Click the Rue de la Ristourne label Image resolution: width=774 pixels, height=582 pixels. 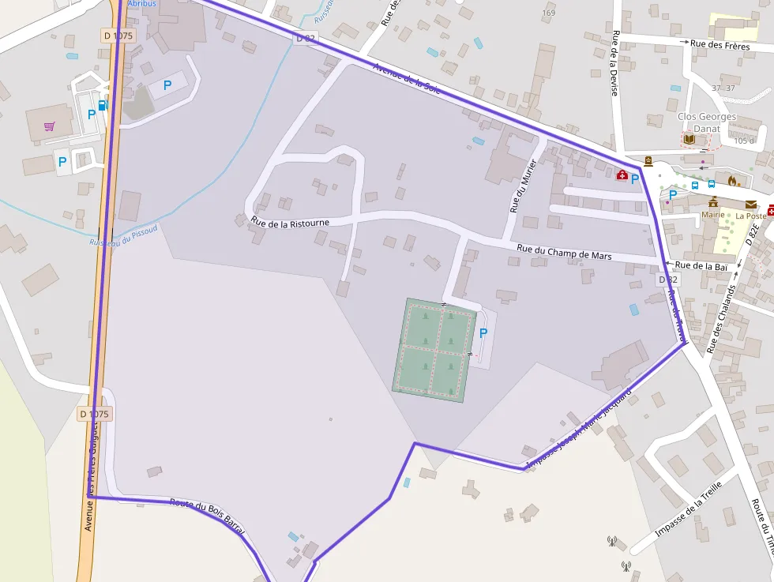point(290,223)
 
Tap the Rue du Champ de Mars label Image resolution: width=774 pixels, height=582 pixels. point(565,252)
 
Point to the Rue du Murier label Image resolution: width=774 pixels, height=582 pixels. point(523,186)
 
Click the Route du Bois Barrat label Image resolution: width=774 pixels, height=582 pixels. point(207,517)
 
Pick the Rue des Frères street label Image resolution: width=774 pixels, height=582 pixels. point(719,44)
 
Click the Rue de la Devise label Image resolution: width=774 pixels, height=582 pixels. point(614,63)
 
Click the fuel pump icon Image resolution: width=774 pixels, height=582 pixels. point(103,105)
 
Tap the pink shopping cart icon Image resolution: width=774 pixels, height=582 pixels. point(50,126)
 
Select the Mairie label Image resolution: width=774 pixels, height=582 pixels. point(713,214)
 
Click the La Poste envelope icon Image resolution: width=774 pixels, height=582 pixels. point(750,205)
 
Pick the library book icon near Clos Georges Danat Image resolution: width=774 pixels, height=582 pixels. point(689,139)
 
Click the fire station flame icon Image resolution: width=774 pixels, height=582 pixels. point(731,181)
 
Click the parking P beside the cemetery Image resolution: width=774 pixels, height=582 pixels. point(483,334)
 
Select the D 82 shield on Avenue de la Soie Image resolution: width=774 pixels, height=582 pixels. point(306,38)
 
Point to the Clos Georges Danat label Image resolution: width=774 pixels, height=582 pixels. point(707,122)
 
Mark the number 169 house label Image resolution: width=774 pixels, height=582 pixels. point(549,13)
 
